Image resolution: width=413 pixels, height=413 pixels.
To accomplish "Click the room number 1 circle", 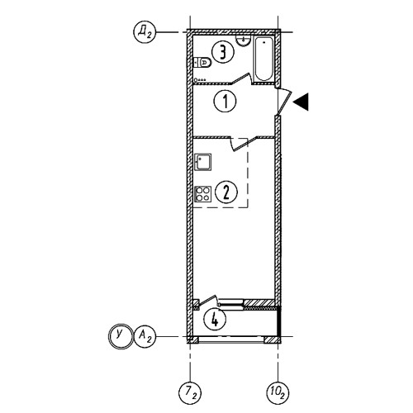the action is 225,101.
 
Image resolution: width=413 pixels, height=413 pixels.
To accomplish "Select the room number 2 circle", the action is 226,192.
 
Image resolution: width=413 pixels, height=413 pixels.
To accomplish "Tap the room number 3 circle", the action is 223,52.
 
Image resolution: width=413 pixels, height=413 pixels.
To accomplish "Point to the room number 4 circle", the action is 215,320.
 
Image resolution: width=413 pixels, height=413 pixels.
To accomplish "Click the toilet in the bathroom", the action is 202,63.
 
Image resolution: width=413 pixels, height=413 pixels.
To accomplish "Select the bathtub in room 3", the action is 264,59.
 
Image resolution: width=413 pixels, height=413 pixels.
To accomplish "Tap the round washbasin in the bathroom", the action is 243,41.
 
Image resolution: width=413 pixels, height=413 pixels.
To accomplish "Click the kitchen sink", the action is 202,162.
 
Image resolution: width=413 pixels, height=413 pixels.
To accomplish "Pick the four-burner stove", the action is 202,194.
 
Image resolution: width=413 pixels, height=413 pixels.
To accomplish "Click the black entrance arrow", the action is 301,102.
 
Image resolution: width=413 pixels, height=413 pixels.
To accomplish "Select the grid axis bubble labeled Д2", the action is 145,32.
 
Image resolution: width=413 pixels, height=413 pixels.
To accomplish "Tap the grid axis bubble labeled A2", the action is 145,336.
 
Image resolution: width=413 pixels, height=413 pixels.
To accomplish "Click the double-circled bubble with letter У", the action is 120,336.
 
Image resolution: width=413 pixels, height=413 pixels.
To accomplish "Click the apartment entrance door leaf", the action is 283,101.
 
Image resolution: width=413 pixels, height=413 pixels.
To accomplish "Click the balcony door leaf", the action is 208,301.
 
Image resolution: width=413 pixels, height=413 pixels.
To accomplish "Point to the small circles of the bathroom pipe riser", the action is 200,80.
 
